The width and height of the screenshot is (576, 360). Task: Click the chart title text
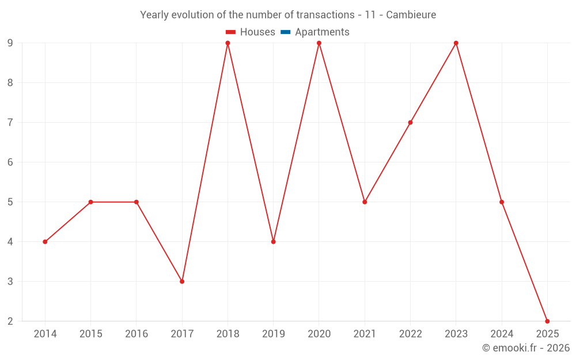click(288, 14)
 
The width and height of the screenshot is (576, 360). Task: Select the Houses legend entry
click(257, 32)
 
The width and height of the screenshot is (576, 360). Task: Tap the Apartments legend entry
click(321, 32)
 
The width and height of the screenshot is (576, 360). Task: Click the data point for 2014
click(45, 242)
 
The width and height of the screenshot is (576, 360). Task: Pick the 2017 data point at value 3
click(182, 282)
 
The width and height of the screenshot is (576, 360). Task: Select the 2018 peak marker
click(228, 43)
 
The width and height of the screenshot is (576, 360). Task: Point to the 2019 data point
click(273, 242)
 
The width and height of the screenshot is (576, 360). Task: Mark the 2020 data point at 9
click(319, 43)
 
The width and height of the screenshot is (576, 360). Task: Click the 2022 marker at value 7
click(410, 123)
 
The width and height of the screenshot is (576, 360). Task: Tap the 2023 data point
click(456, 43)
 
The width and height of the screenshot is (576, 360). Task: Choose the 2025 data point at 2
click(547, 321)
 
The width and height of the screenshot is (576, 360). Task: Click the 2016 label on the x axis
click(137, 334)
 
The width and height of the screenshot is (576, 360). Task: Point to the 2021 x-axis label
click(365, 334)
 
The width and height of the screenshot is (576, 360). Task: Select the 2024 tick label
click(502, 334)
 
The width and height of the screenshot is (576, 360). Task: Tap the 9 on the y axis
click(10, 43)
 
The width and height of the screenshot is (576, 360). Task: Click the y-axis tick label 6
click(10, 162)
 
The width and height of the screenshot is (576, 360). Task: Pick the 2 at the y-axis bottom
click(10, 321)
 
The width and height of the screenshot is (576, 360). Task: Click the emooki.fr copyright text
click(526, 348)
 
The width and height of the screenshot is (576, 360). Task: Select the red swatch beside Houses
click(230, 32)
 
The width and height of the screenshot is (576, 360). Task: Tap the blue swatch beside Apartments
click(285, 32)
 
